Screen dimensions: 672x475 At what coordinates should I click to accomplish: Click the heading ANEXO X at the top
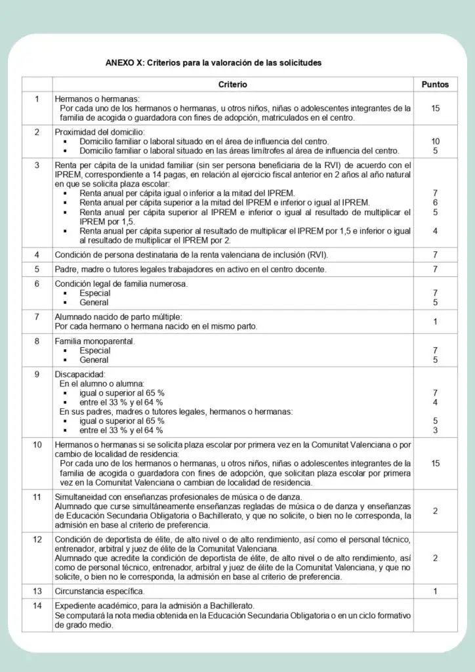tap(213, 63)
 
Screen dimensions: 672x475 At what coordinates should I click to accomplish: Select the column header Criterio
tap(233, 85)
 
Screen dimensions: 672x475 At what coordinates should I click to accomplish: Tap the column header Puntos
tap(435, 85)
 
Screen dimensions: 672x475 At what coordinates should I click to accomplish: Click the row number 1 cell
tap(37, 99)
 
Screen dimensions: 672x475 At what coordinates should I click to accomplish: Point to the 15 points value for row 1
tap(435, 108)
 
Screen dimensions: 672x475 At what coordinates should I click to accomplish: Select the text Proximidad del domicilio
tap(99, 132)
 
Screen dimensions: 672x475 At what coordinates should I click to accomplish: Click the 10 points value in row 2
tap(435, 141)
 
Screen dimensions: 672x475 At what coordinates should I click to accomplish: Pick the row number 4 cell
tap(37, 254)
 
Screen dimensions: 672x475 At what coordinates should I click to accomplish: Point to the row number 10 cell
tap(37, 444)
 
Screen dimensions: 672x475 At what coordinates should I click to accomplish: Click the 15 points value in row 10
tap(435, 463)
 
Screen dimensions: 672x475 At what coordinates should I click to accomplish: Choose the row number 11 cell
tap(37, 497)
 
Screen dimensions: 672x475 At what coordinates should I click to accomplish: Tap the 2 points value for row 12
tap(435, 558)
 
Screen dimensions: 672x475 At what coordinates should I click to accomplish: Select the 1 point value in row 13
tap(435, 591)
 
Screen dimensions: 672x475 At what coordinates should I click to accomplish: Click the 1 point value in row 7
tap(435, 322)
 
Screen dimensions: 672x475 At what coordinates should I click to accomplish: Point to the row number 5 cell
tap(37, 269)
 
